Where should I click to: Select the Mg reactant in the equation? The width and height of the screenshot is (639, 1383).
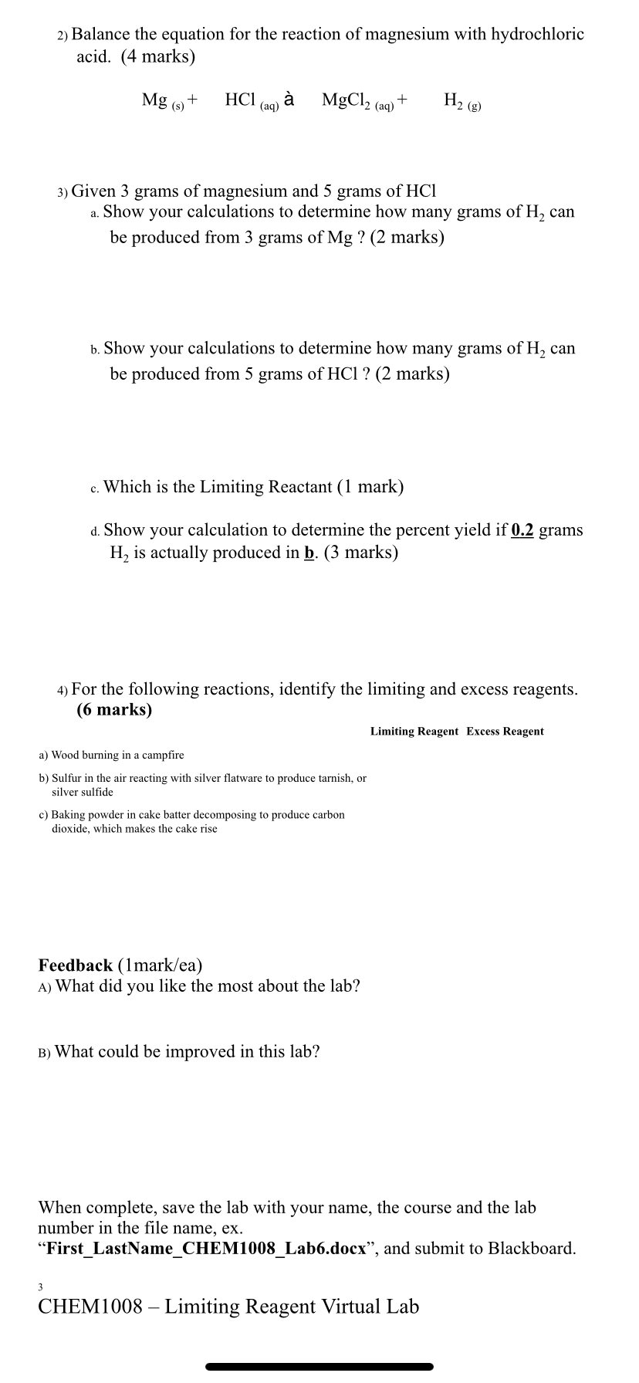coord(155,100)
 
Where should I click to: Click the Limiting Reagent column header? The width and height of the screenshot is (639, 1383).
coord(414,732)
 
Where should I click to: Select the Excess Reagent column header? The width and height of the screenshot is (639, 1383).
coord(505,732)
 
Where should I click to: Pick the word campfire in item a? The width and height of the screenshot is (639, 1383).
coord(162,755)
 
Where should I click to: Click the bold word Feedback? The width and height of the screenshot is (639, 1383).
coord(76,965)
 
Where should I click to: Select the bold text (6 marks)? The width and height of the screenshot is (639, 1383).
coord(114,710)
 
